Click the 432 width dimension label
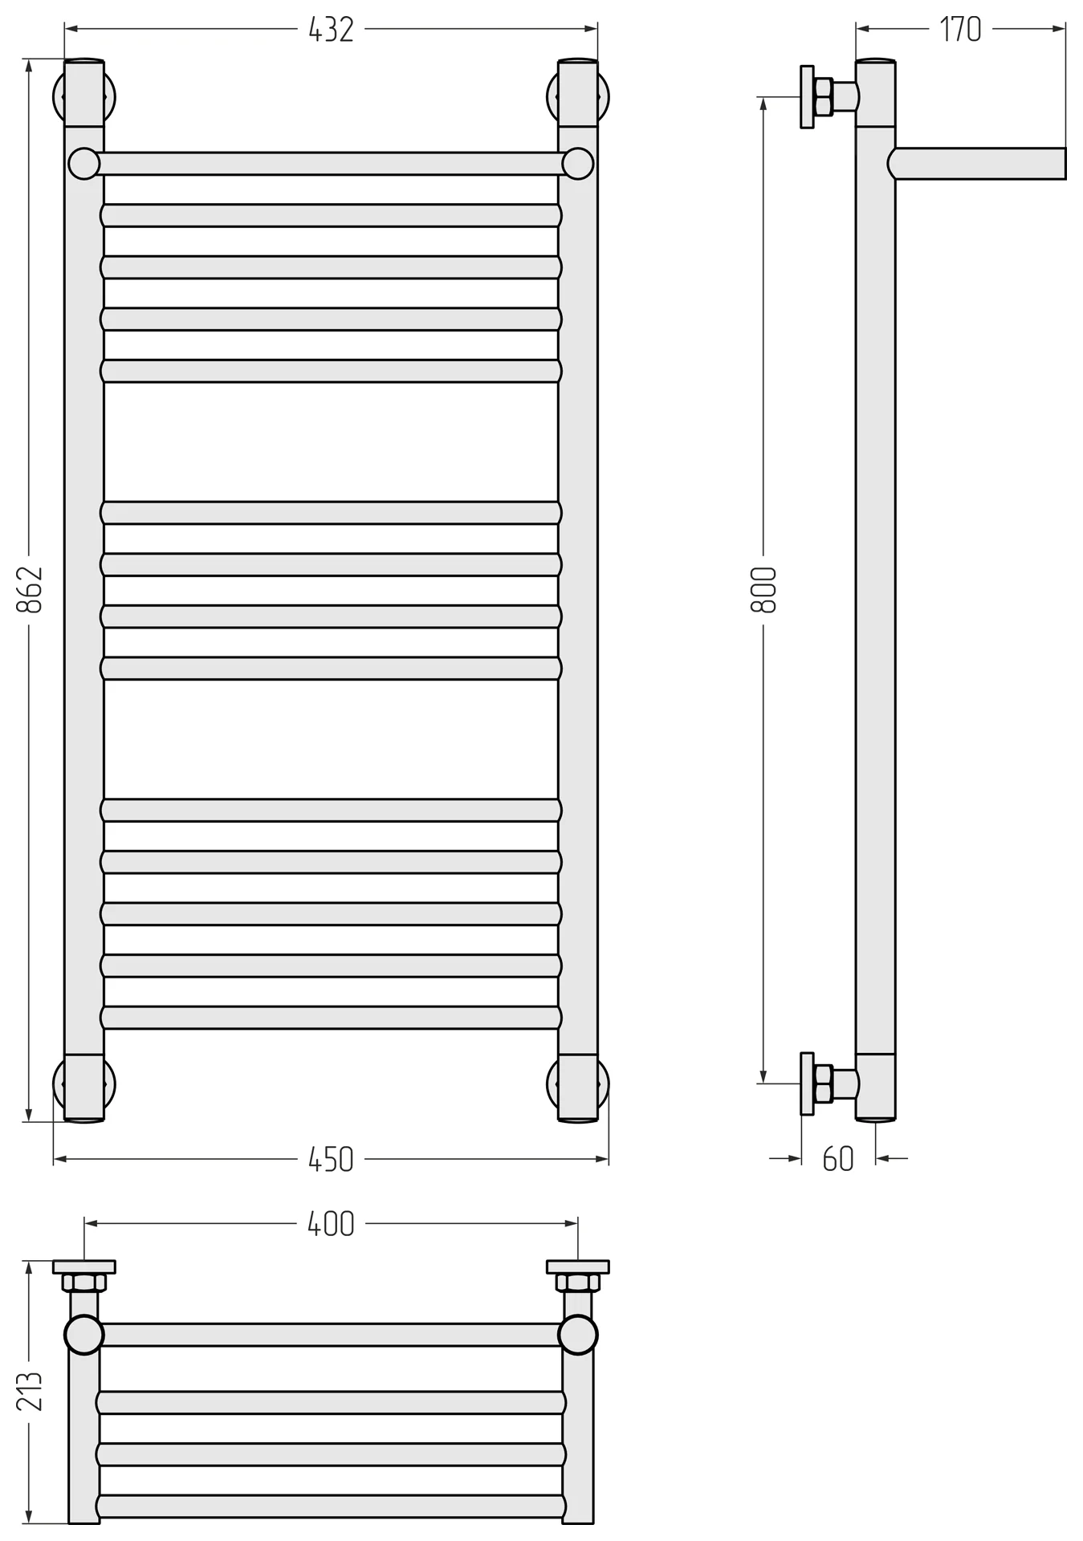(331, 30)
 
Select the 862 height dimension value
(30, 590)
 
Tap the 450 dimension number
(331, 1160)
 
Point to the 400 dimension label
(331, 1224)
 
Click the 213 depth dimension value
(30, 1391)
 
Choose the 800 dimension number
(763, 590)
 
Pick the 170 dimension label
(960, 30)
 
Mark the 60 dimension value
(838, 1160)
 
